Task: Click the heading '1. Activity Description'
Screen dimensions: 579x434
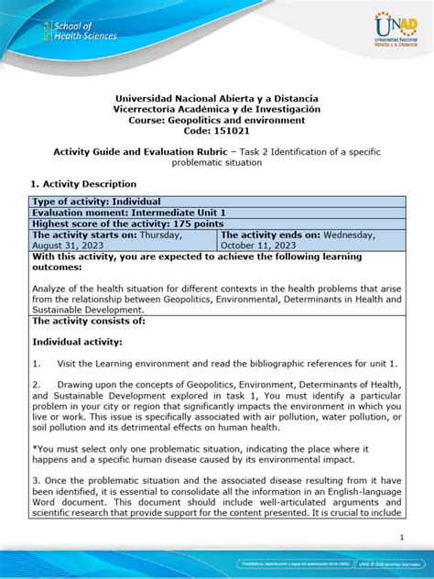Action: (83, 184)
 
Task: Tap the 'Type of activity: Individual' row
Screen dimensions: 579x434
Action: (96, 202)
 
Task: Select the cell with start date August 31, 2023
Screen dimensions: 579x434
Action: (123, 240)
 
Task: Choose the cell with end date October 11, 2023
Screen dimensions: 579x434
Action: (310, 240)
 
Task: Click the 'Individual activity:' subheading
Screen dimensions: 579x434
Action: (77, 341)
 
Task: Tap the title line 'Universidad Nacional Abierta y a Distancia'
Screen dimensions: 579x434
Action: (217, 97)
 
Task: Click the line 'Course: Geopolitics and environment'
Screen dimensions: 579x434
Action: (217, 119)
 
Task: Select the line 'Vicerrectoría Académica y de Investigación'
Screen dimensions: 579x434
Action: (217, 108)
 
